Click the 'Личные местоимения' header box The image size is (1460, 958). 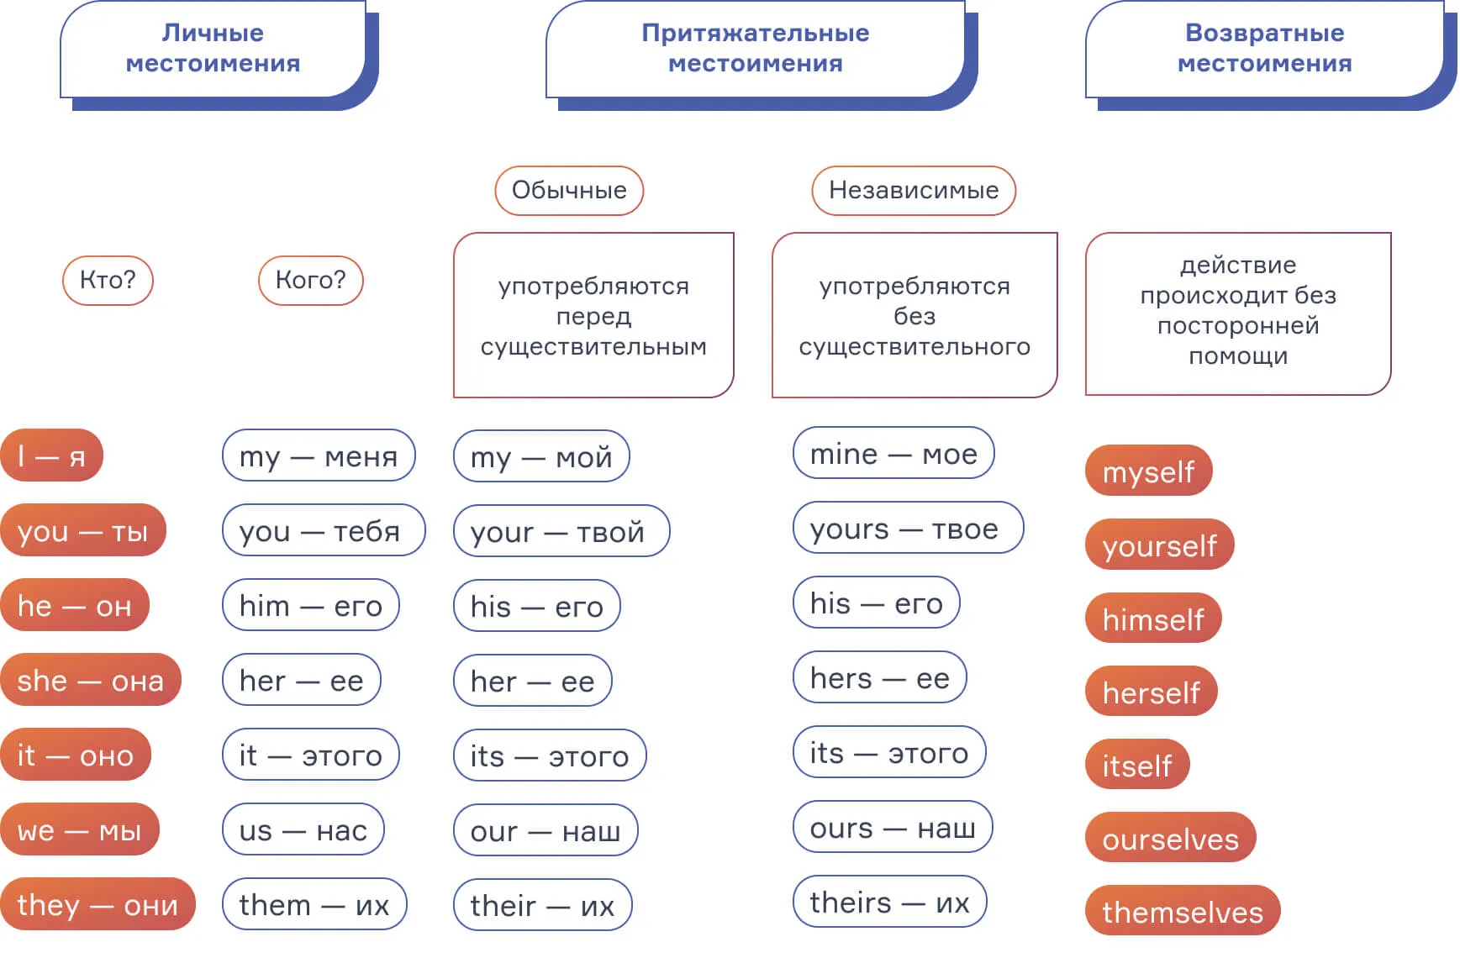tap(213, 49)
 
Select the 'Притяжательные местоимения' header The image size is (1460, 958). tap(755, 49)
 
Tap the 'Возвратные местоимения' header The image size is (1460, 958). tap(1264, 49)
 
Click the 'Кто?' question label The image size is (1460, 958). tap(108, 280)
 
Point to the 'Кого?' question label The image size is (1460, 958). tap(310, 280)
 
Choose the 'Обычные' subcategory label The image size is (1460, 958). tap(569, 190)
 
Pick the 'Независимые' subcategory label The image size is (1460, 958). tap(914, 190)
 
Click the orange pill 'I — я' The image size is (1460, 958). tap(52, 455)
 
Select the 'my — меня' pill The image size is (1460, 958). tap(319, 455)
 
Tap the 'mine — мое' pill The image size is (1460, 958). tap(893, 454)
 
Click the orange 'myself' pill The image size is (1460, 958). tap(1148, 471)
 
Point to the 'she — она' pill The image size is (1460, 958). tap(91, 680)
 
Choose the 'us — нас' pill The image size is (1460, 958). tap(303, 830)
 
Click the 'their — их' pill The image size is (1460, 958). tap(542, 905)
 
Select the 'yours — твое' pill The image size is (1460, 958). tap(908, 529)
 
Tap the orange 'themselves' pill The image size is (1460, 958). tap(1183, 912)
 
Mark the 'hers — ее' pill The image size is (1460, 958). tap(879, 677)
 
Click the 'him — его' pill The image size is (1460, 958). tap(310, 605)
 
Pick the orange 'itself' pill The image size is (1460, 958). tap(1137, 765)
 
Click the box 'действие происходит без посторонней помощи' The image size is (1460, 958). tap(1238, 313)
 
